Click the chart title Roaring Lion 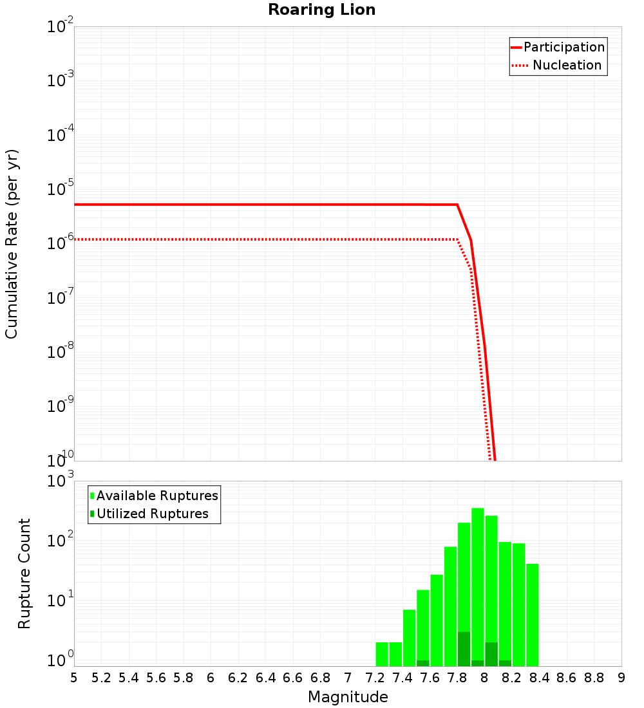point(321,10)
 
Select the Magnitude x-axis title point(348,696)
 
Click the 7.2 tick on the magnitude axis point(375,677)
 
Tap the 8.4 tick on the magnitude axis point(539,677)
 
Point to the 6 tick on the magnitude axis point(211,677)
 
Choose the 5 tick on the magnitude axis point(74,677)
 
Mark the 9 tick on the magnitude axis point(621,677)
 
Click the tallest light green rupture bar point(478,586)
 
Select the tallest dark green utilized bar point(464,649)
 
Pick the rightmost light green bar point(533,615)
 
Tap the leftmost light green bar point(382,654)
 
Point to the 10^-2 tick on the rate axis point(60,28)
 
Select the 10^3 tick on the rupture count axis point(60,481)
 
